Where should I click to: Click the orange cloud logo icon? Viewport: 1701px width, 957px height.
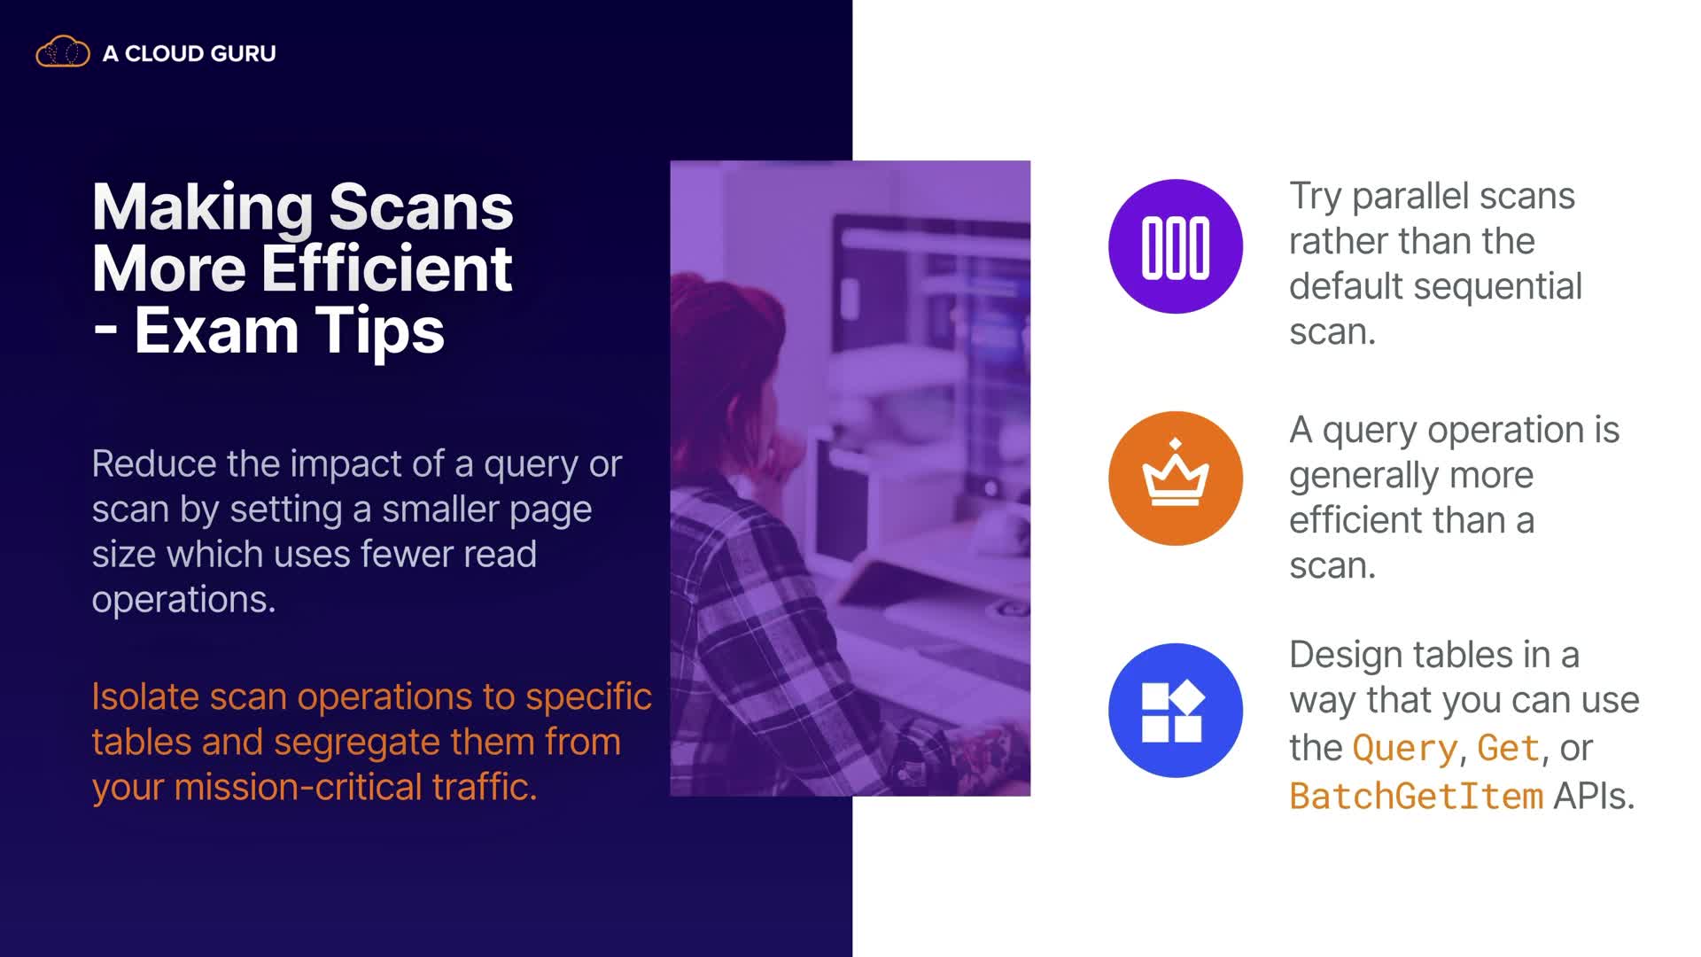point(62,52)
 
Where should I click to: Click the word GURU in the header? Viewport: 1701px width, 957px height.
point(244,54)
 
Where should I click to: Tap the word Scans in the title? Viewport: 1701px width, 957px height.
point(421,207)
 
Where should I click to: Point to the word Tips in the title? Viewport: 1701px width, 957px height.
point(379,331)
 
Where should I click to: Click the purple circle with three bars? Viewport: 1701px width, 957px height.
point(1175,246)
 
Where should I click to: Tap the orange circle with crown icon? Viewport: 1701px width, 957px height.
point(1175,478)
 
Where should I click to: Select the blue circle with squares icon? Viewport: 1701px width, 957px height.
point(1175,711)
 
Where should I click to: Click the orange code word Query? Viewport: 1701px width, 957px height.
point(1405,750)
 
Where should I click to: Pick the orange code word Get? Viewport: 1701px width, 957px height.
point(1508,748)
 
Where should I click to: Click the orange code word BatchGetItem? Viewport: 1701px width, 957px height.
point(1416,796)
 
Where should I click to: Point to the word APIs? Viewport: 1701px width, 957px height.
point(1593,796)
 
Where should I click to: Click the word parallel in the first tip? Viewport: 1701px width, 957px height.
point(1463,197)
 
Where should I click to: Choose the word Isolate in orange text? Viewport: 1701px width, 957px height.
point(145,696)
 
